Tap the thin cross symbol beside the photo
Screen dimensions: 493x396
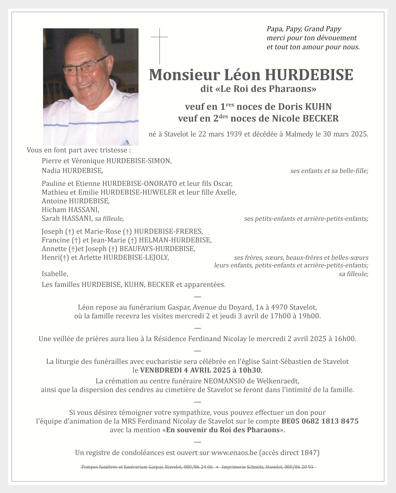[160, 46]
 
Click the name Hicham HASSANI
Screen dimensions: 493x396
[70, 210]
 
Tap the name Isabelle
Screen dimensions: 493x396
[54, 274]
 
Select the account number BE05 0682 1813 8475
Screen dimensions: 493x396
[320, 421]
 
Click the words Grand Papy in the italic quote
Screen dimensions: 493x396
[323, 29]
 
